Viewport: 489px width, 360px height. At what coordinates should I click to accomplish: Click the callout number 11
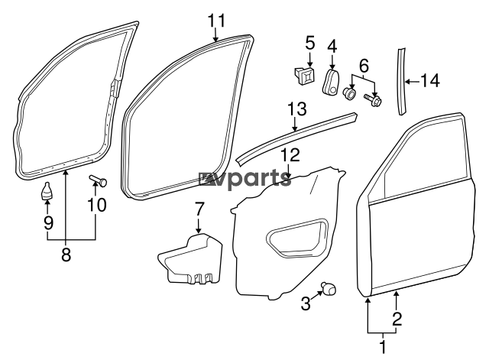point(216,21)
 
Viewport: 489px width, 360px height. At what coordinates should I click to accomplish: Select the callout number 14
point(430,81)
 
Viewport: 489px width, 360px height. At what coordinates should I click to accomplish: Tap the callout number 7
point(199,209)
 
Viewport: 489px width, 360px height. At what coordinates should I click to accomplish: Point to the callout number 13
point(297,109)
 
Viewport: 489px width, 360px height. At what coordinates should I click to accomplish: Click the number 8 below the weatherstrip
point(66,255)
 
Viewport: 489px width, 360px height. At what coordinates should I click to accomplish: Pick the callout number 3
point(306,303)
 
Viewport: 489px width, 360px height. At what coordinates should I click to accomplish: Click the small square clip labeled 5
point(305,76)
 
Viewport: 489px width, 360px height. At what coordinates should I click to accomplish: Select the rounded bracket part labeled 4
point(330,83)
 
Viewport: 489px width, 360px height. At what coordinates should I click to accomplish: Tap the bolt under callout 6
point(373,100)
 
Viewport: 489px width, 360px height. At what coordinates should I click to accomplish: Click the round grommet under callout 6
point(349,93)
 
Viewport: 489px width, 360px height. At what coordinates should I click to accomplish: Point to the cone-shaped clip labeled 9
point(47,191)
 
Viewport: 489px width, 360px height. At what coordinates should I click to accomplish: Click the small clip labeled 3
point(329,289)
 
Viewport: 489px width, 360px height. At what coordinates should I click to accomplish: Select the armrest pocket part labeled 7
point(190,261)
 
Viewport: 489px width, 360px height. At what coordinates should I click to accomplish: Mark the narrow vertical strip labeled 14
point(402,81)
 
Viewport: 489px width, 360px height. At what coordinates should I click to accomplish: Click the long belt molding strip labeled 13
point(296,138)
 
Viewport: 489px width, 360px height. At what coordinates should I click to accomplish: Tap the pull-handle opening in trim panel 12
point(297,238)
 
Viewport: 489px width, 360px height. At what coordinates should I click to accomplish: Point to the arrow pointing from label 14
point(412,82)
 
